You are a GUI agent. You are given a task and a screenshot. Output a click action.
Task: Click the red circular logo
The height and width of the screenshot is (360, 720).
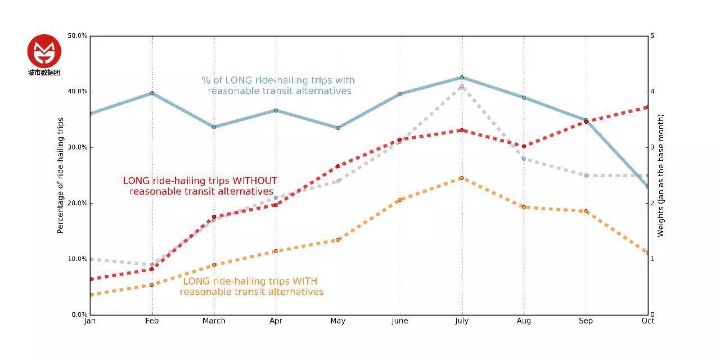click(44, 51)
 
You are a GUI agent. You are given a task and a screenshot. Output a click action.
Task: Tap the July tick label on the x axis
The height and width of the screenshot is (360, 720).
click(462, 321)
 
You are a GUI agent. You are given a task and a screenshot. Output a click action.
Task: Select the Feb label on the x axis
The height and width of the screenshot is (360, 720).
click(152, 321)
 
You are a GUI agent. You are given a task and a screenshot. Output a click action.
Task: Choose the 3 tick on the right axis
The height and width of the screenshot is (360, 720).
click(652, 147)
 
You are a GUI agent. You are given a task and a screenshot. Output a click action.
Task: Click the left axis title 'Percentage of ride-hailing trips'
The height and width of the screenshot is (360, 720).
click(60, 175)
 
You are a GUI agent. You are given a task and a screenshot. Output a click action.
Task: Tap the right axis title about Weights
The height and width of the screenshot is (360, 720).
click(661, 175)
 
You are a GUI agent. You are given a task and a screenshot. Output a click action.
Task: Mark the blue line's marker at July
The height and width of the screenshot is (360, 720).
click(462, 78)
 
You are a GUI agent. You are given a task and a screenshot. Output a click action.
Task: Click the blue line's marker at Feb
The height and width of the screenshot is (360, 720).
click(152, 93)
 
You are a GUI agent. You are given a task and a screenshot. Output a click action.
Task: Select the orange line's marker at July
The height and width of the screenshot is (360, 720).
click(462, 178)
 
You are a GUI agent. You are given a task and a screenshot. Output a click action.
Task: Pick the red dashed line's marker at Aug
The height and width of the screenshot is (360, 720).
click(524, 146)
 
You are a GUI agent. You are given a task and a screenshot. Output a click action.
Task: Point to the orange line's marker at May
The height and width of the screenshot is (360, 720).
click(338, 240)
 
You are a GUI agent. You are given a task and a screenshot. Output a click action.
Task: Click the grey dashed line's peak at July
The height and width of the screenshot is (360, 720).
click(462, 87)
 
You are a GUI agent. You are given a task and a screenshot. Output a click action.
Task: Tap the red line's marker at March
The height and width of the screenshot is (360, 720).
click(214, 217)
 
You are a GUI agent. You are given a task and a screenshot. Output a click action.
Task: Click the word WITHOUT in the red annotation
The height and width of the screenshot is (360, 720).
click(255, 181)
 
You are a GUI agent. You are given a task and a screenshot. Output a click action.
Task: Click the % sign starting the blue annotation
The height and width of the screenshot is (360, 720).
click(206, 80)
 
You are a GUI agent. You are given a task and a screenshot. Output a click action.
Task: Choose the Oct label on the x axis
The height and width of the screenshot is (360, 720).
click(647, 321)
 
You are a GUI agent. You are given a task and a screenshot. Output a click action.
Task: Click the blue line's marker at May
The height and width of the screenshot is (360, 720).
click(338, 128)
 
